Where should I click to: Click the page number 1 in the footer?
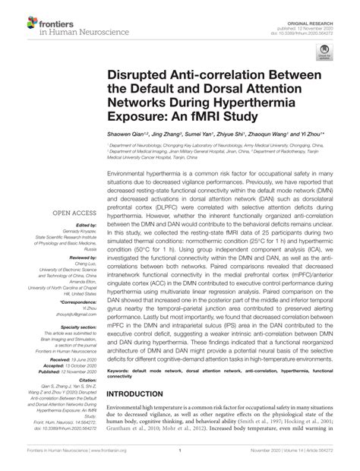pyautogui.click(x=180, y=462)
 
